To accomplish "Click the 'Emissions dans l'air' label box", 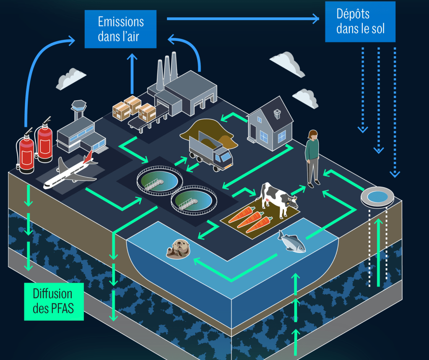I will [120, 28].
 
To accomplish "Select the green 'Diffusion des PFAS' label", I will [53, 301].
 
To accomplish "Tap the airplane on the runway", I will [69, 173].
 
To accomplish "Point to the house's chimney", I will [277, 113].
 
